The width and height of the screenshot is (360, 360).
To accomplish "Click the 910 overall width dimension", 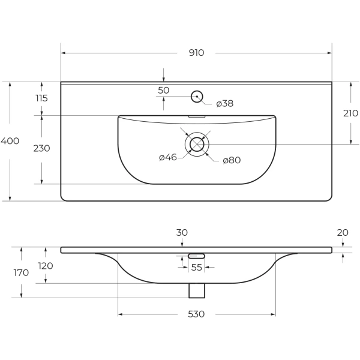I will pyautogui.click(x=196, y=53).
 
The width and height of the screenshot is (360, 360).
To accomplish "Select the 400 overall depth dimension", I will pyautogui.click(x=10, y=141).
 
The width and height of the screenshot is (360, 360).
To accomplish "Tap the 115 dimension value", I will pyautogui.click(x=41, y=98).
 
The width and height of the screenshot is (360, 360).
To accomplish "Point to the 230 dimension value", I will pyautogui.click(x=41, y=148).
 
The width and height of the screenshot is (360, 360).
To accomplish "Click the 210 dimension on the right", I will pyautogui.click(x=350, y=113).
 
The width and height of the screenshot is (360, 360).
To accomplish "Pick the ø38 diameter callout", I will pyautogui.click(x=224, y=103).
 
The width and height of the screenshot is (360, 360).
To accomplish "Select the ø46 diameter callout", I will pyautogui.click(x=167, y=158).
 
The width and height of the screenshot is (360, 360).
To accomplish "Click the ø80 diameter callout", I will pyautogui.click(x=232, y=160).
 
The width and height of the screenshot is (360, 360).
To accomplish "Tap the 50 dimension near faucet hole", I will pyautogui.click(x=163, y=90).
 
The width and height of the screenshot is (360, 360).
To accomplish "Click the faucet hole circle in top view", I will pyautogui.click(x=197, y=96).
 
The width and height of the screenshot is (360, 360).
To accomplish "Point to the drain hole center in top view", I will pyautogui.click(x=197, y=144).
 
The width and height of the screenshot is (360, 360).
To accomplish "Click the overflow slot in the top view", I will pyautogui.click(x=197, y=117).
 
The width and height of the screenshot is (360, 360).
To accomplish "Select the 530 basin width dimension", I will pyautogui.click(x=196, y=314).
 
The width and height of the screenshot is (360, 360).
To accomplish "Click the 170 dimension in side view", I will pyautogui.click(x=21, y=272).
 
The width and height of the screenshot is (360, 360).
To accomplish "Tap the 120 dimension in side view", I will pyautogui.click(x=46, y=265).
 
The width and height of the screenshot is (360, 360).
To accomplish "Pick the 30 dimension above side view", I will pyautogui.click(x=182, y=232).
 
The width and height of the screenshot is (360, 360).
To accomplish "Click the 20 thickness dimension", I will pyautogui.click(x=343, y=232).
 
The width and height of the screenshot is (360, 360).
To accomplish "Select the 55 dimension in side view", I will pyautogui.click(x=197, y=268).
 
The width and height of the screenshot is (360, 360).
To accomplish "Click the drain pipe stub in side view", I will pyautogui.click(x=197, y=290).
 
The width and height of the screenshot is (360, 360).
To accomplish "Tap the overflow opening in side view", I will pyautogui.click(x=197, y=256).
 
